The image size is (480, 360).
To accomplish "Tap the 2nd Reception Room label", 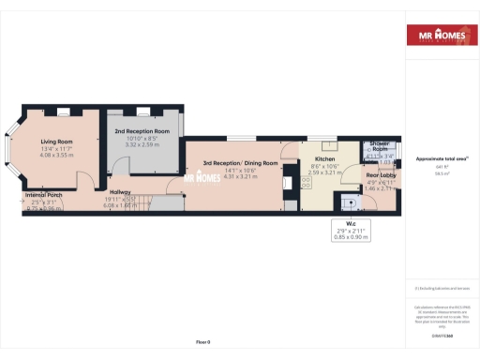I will [142, 130].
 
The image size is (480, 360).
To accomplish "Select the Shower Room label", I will [380, 146].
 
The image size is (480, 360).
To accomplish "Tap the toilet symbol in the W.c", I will [350, 201].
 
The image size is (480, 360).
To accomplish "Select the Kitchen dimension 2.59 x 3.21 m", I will [327, 173].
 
